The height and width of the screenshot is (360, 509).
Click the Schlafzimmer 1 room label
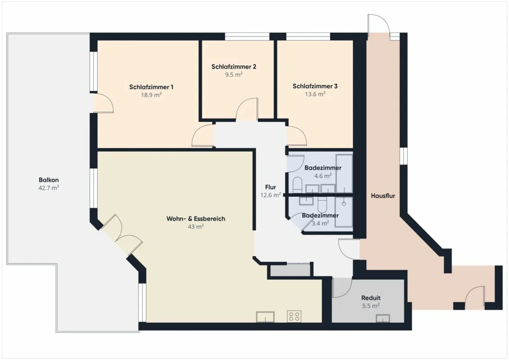[151, 87]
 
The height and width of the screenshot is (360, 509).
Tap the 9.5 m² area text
[234, 74]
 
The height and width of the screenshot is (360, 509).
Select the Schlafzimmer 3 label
[315, 86]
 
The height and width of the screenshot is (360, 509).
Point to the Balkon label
[49, 180]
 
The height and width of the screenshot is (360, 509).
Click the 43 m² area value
[196, 226]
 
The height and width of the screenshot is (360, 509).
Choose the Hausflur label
[383, 196]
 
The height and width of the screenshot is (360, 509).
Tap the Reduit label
[371, 297]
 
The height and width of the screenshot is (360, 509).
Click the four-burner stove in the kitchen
[294, 316]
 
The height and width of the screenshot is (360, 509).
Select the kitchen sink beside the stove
[265, 317]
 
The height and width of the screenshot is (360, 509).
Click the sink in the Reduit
[383, 319]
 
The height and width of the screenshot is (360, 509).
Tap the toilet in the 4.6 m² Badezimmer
[298, 185]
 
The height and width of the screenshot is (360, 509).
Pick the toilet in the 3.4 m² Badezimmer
[322, 205]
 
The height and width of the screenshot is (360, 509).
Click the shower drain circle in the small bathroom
[344, 204]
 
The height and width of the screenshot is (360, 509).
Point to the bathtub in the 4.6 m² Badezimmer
[344, 174]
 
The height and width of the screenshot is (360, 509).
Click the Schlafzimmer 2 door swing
[247, 109]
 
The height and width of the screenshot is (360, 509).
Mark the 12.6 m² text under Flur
[271, 195]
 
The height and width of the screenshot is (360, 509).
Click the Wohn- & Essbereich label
[196, 219]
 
